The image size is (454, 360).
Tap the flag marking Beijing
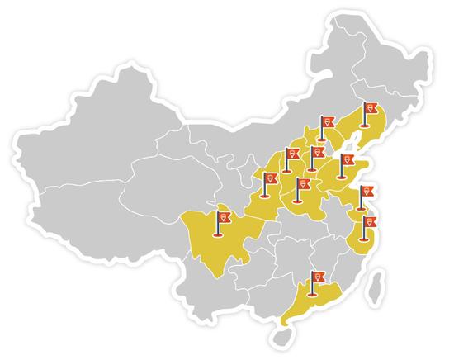(x=327, y=125)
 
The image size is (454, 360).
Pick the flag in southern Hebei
(x=314, y=154)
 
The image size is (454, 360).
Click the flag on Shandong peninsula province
(x=346, y=161)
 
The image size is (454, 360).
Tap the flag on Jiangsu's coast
(x=367, y=194)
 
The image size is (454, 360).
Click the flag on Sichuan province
(x=221, y=219)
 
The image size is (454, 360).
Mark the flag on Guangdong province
(x=316, y=277)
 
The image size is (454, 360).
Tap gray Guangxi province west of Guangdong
(x=264, y=293)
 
